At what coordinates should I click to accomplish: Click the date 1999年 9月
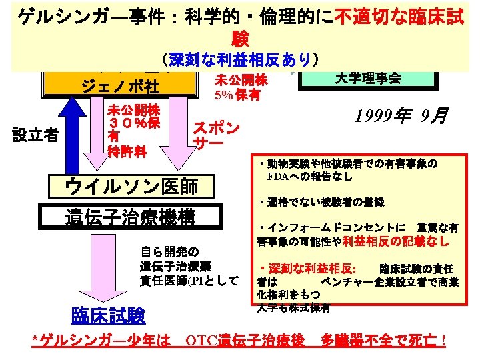coord(400,117)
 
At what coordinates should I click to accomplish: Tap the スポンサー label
coord(215,135)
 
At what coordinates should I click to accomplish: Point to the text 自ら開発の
coord(169,251)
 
